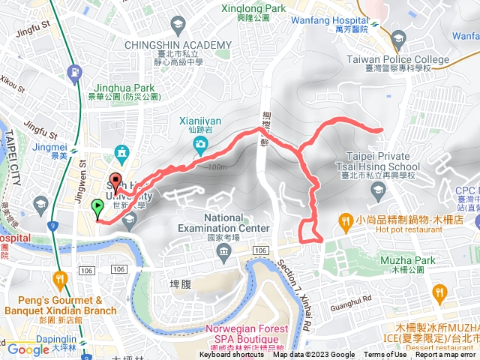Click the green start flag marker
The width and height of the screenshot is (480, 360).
[x=97, y=206]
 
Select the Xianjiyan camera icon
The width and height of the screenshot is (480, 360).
[x=200, y=143]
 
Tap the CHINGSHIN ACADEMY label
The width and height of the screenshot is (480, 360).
[x=178, y=45]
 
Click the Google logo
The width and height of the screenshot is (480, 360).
[x=28, y=349]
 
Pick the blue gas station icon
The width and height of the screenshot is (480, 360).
[x=73, y=72]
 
